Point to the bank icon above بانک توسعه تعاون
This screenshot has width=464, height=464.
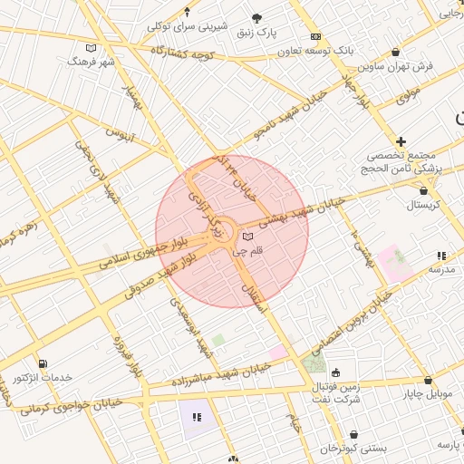[315, 36]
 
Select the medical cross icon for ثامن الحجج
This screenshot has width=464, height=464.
[401, 141]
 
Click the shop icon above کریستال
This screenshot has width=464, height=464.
[423, 190]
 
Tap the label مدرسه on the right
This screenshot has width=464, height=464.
[440, 270]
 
